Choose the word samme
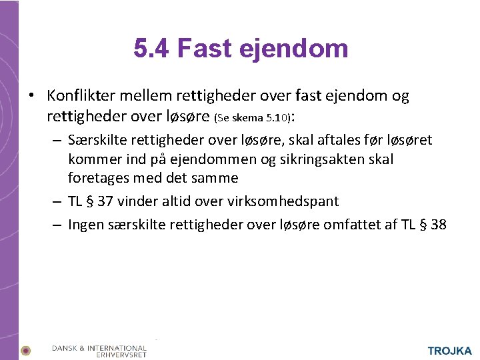pyautogui.click(x=215, y=178)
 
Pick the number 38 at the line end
pyautogui.click(x=438, y=225)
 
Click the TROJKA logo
pyautogui.click(x=449, y=351)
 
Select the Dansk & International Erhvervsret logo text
pyautogui.click(x=99, y=351)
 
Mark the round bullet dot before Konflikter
pyautogui.click(x=31, y=97)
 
